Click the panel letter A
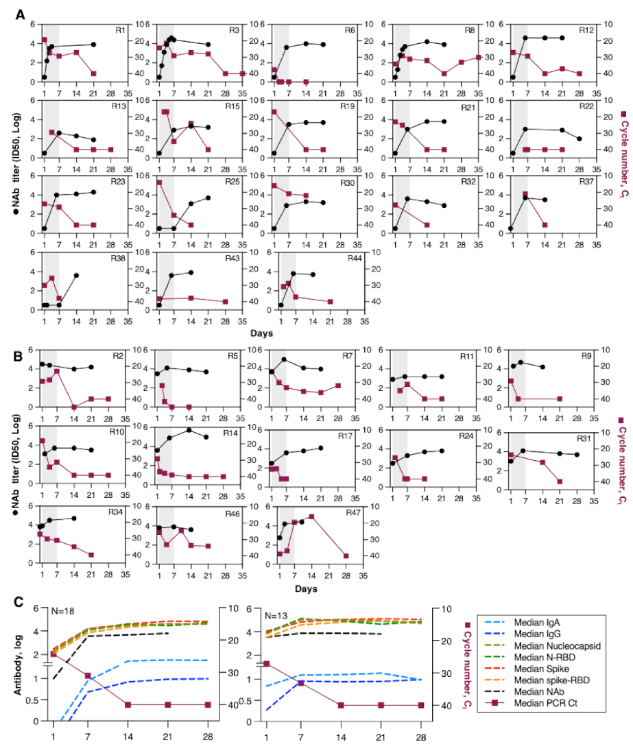point(20,14)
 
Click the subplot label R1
point(120,30)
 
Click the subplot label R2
point(117,355)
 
